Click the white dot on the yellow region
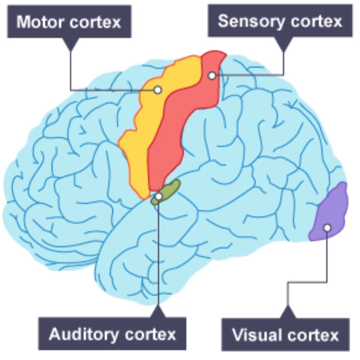158,90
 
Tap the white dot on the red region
212,76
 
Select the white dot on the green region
159,196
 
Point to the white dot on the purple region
327,228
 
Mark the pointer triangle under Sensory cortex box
283,43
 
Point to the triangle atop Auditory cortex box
159,312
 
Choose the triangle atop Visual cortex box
288,312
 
